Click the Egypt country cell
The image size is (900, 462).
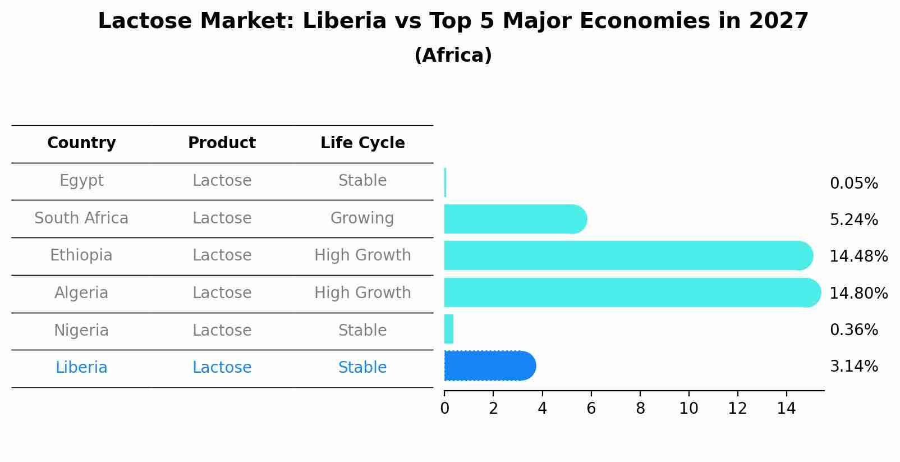coord(81,181)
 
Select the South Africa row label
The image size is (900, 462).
coord(81,218)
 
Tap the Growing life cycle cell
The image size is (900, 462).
coord(362,218)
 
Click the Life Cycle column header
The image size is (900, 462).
coord(362,143)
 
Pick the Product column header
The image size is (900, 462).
coord(222,143)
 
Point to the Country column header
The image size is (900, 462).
coord(81,143)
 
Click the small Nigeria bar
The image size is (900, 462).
coord(449,329)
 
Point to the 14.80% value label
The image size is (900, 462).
coord(858,294)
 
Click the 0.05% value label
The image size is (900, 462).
coord(853,184)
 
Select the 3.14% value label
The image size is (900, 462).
coord(853,367)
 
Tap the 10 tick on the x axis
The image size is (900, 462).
coord(688,409)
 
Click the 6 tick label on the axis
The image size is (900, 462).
coord(591,409)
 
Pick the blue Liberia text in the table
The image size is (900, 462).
coord(81,368)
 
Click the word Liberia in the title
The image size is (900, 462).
coord(345,21)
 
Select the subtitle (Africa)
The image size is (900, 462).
coord(453,56)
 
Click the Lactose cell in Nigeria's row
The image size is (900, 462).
coord(222,331)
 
